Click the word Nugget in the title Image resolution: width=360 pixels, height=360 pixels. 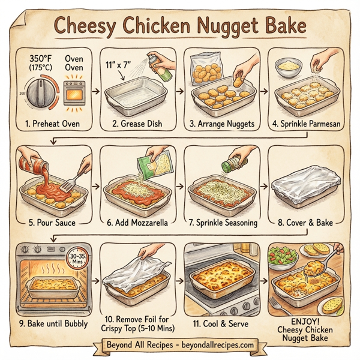pos(232,26)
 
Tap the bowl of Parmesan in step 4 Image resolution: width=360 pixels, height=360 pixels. pos(287,64)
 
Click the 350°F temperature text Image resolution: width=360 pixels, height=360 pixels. pos(41,59)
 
